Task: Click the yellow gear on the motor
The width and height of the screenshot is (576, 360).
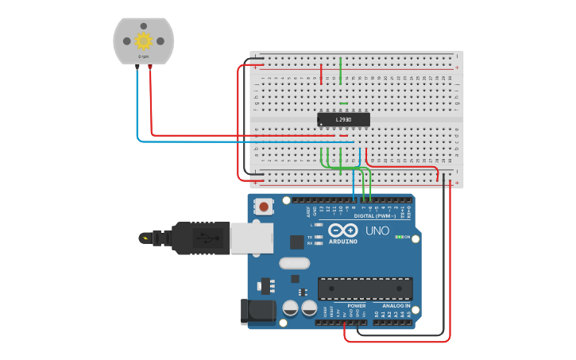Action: click(144, 41)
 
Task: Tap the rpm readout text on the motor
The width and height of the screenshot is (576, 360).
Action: click(144, 57)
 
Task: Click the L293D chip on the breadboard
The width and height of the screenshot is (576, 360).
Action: click(343, 119)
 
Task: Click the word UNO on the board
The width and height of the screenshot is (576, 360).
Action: click(377, 230)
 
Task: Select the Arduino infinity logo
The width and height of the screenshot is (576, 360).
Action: click(343, 230)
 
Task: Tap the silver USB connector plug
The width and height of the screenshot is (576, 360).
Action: click(251, 237)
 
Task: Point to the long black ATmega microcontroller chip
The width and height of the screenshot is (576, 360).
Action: click(365, 288)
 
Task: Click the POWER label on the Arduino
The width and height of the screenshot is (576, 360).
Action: click(357, 305)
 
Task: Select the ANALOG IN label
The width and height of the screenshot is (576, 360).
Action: click(396, 305)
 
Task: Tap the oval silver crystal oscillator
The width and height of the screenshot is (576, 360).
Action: click(294, 263)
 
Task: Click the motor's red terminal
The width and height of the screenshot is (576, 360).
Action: click(150, 68)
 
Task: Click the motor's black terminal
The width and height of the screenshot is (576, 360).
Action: click(137, 68)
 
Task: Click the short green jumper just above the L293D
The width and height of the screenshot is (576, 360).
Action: click(343, 103)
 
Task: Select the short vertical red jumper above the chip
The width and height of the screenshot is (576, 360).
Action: click(321, 75)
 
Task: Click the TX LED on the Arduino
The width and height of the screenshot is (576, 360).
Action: click(319, 237)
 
